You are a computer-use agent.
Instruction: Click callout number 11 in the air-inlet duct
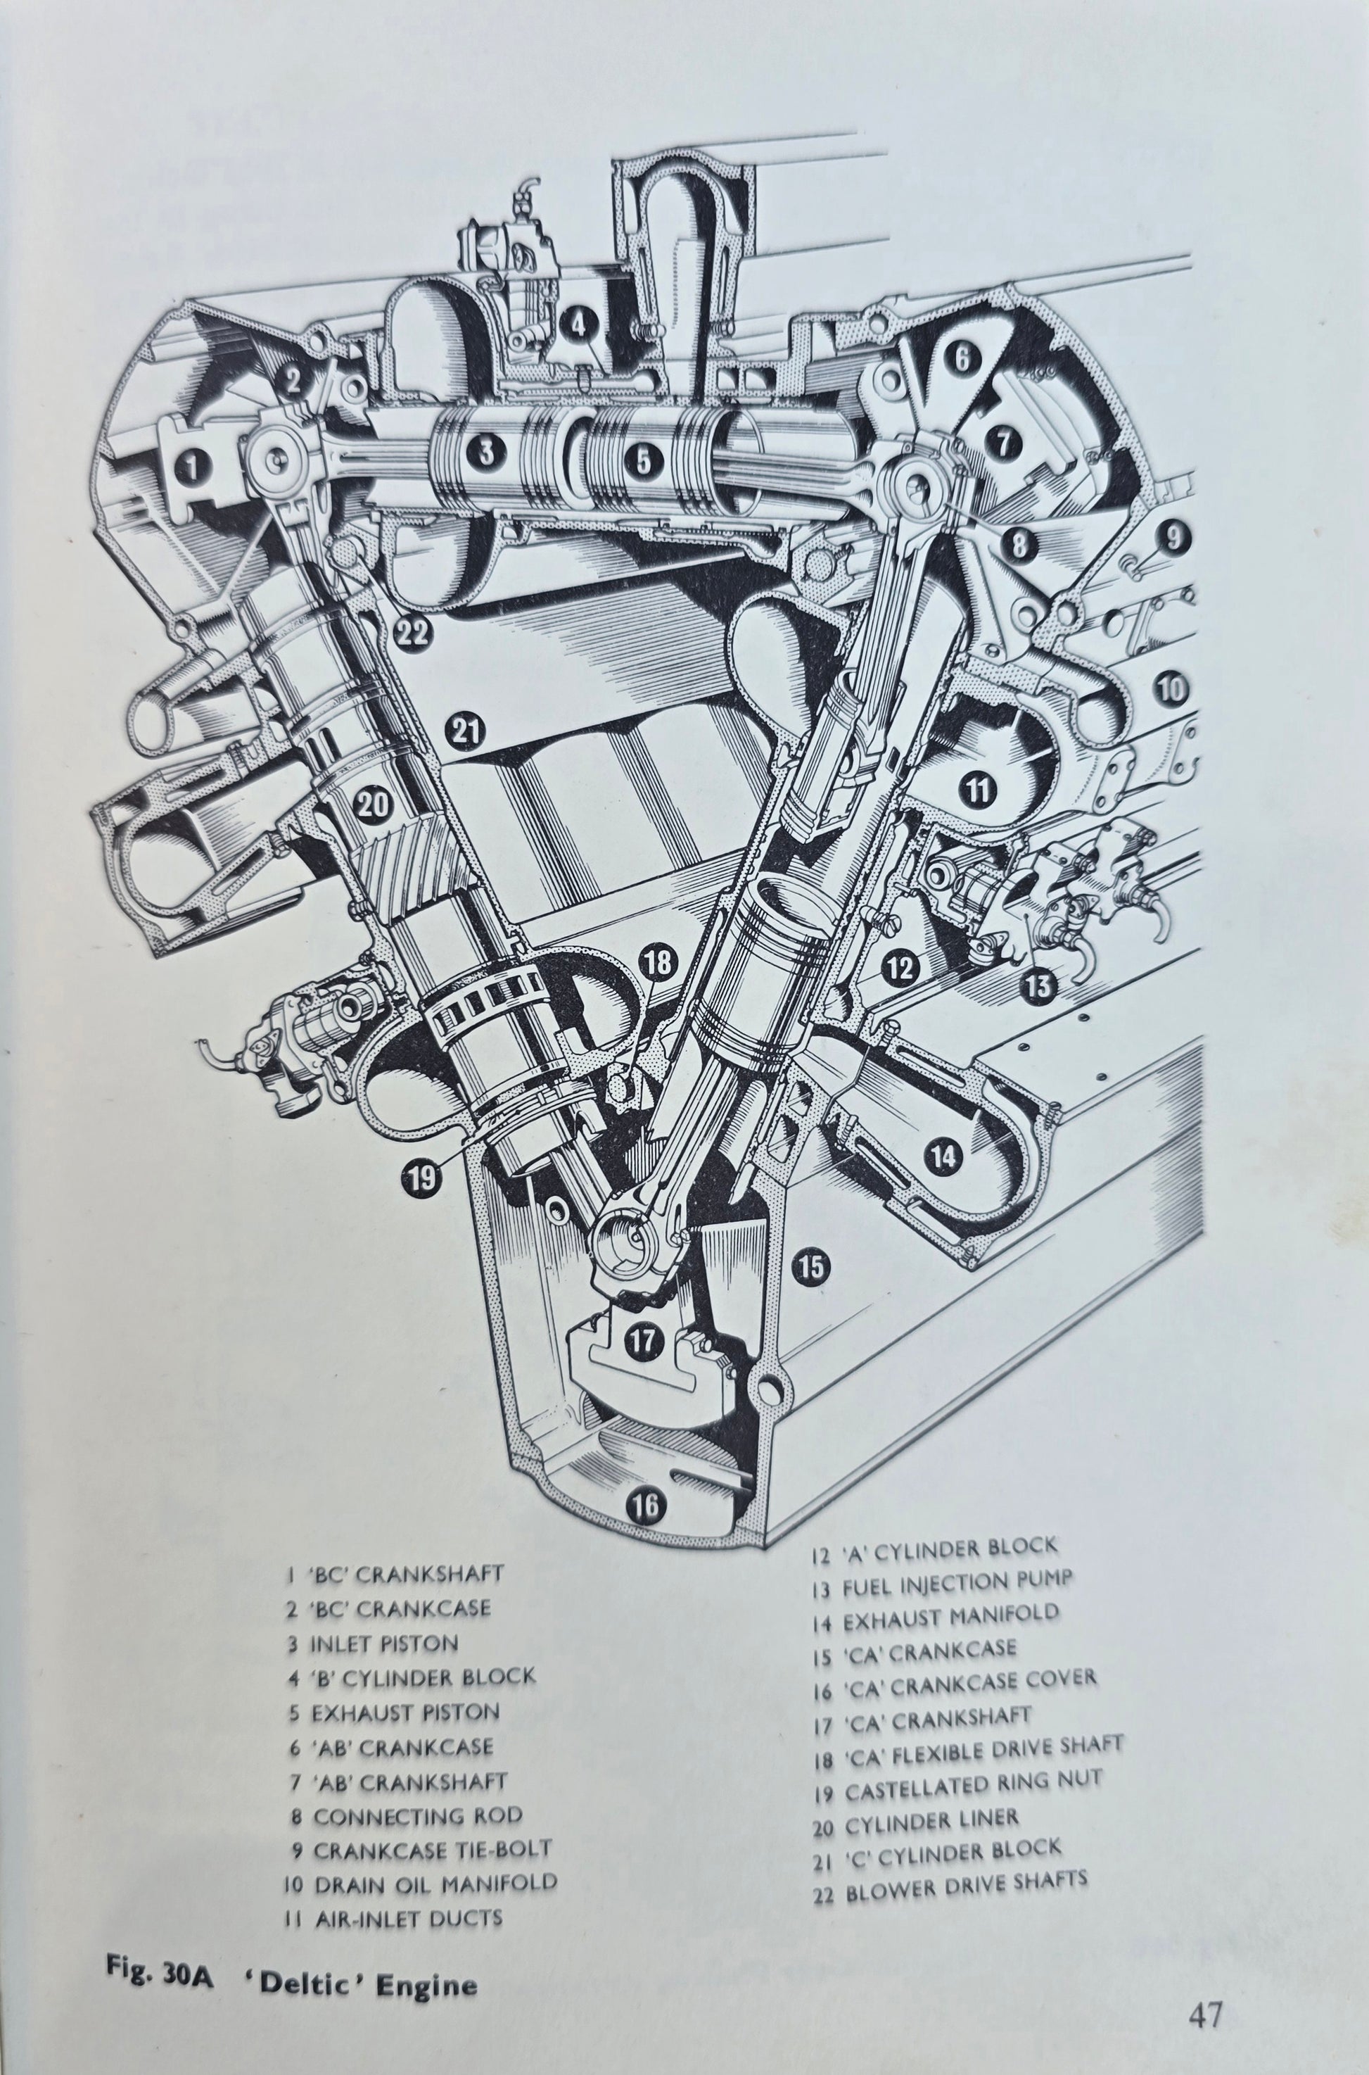[977, 790]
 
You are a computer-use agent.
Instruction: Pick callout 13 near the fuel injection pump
[1037, 986]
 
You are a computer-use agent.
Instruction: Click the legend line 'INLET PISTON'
[384, 1644]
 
